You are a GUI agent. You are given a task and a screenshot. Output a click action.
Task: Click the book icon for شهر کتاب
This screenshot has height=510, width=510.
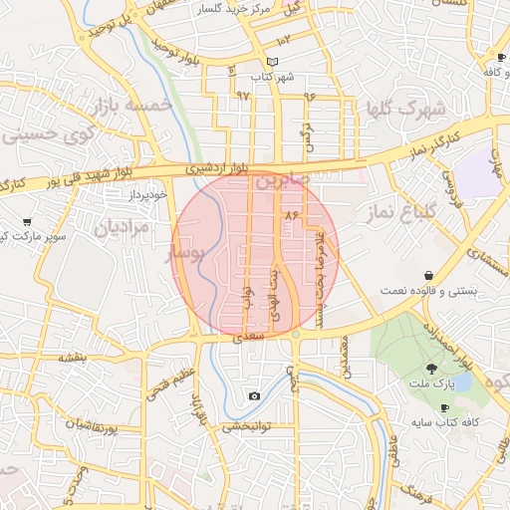pos(258,63)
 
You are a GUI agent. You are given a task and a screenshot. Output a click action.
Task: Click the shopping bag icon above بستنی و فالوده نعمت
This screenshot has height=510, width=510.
pos(428,275)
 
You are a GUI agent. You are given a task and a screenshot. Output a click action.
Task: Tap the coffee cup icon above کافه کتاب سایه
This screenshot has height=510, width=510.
pos(444,407)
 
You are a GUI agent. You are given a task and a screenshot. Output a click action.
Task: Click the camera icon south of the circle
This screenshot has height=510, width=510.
pos(254,396)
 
